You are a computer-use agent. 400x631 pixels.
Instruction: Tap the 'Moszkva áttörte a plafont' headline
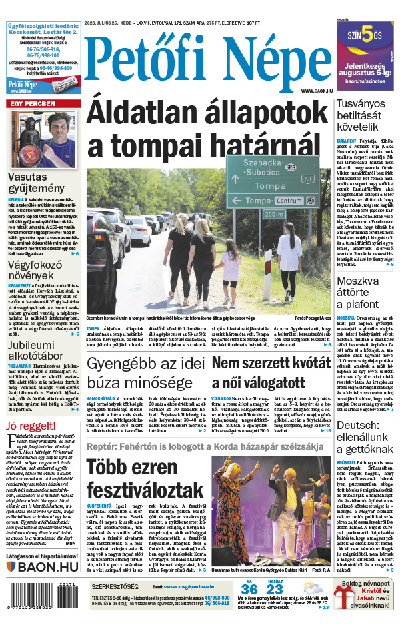365,292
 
